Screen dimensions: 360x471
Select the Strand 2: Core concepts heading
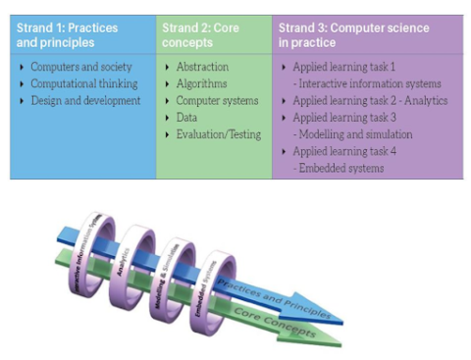tap(200, 35)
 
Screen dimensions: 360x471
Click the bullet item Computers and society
tap(74, 67)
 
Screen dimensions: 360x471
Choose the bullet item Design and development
tap(84, 100)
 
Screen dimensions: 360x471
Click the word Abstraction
tap(202, 67)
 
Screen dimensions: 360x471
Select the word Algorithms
tap(202, 83)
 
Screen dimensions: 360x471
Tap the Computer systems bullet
tap(217, 100)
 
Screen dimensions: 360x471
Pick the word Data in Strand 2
tap(187, 117)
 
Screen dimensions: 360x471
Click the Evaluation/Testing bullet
tap(218, 133)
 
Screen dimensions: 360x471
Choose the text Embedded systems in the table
tap(342, 168)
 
